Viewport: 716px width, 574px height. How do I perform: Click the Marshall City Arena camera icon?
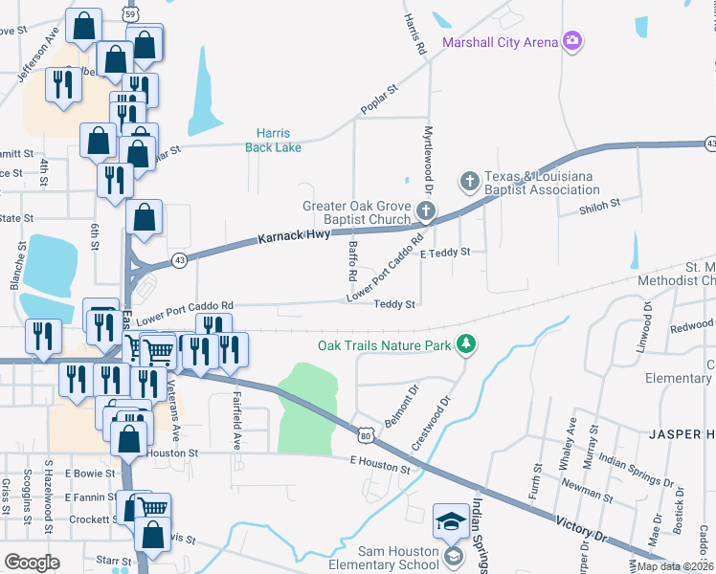[572, 40]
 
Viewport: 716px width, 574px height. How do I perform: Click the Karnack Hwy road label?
[294, 234]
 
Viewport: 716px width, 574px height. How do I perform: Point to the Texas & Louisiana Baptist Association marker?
[470, 180]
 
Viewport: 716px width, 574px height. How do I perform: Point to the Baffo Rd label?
[352, 260]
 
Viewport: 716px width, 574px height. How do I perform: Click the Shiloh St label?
[600, 203]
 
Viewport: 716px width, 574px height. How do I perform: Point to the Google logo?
[32, 562]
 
